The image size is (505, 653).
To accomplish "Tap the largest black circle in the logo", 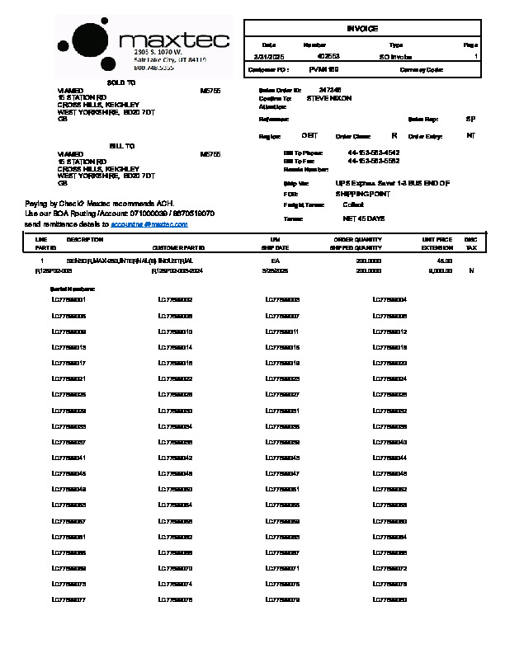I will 88,40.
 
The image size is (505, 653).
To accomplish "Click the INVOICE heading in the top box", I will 362,29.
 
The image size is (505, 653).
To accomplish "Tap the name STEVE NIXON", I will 329,98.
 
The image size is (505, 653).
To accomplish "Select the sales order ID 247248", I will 330,90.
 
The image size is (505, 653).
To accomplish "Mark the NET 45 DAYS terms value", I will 364,218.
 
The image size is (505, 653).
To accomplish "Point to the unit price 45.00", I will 445,260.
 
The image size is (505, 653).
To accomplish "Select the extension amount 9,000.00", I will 440,270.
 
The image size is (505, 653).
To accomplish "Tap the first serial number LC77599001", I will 68,299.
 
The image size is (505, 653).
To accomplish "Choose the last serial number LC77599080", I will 390,599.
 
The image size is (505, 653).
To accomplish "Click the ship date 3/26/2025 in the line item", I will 274,270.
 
